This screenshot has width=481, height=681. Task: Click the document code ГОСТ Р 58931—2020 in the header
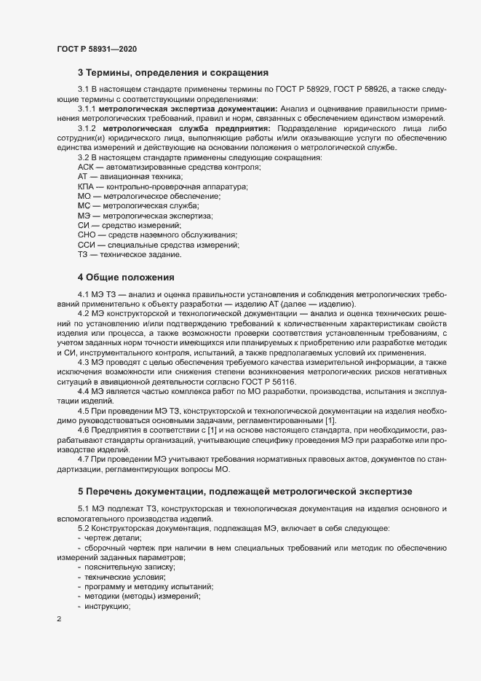[x=96, y=49]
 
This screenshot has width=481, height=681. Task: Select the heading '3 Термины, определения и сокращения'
[x=173, y=73]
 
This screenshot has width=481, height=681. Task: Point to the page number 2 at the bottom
[x=58, y=619]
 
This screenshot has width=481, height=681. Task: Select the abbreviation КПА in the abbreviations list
[x=87, y=187]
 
